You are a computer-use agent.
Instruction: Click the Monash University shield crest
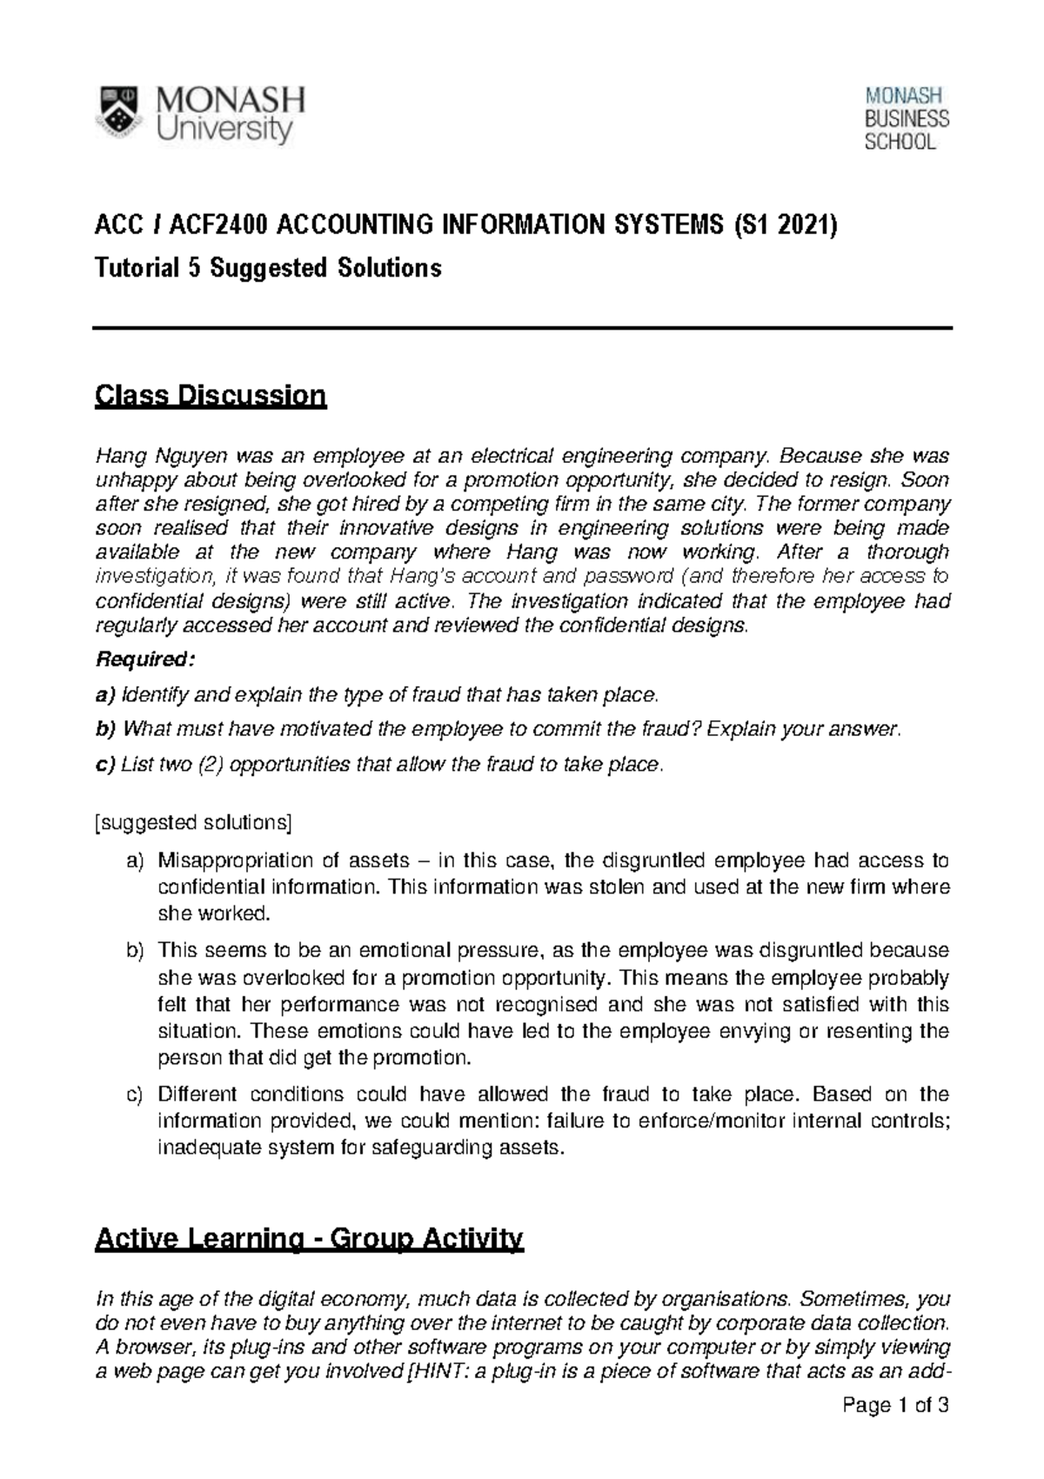119,114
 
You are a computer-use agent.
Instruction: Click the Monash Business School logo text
906,119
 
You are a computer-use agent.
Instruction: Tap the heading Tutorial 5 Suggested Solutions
268,268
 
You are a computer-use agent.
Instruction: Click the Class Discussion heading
211,397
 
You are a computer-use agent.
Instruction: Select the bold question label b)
105,729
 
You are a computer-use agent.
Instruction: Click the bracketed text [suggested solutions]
192,822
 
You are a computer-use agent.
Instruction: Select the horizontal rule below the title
522,328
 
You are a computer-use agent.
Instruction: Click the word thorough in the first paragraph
907,552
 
